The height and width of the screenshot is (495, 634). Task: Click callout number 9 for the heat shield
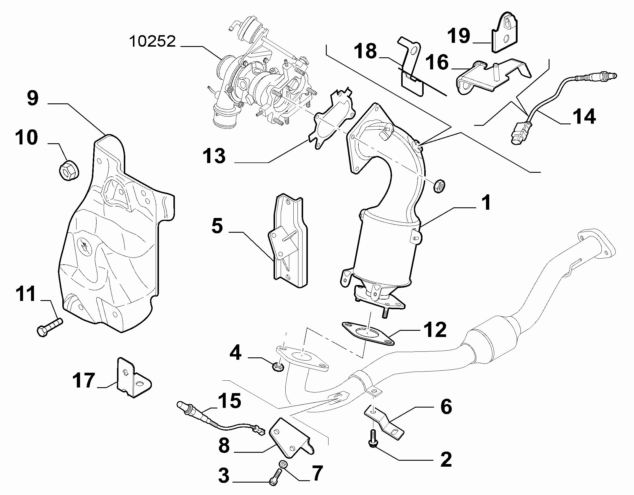33,98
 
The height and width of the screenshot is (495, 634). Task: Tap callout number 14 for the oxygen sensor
584,117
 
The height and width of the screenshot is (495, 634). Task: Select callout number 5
217,227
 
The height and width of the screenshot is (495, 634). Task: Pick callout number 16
437,63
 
